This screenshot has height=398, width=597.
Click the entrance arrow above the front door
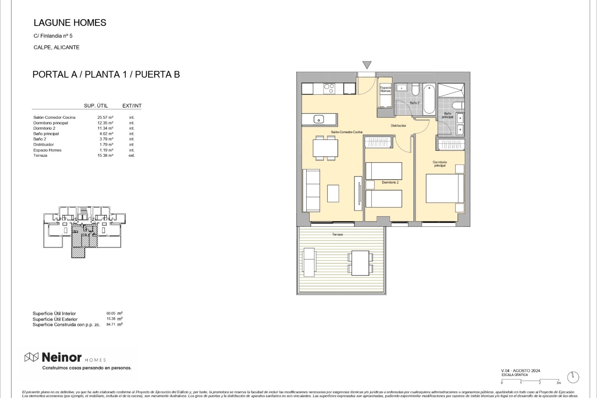pos(367,65)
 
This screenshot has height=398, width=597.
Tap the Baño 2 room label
pos(414,103)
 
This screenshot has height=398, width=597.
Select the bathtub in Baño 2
pos(429,99)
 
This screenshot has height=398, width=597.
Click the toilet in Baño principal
pos(458,106)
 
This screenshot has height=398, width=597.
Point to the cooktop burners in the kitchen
pos(329,89)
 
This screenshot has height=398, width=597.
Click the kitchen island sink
pos(318,119)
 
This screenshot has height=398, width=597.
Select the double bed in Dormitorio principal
pos(445,188)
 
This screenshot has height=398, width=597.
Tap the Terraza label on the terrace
pos(337,234)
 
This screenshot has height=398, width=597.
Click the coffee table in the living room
pos(333,193)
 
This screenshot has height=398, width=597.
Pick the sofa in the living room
pos(311,191)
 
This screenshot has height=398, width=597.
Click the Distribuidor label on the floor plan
pos(398,126)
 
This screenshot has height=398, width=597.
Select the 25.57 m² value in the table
pos(105,118)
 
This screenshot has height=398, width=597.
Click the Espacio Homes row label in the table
pos(47,150)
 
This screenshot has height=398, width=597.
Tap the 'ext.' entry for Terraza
pos(132,155)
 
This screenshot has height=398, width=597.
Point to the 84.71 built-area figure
pos(111,324)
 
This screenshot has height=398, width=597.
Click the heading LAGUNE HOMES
pos(70,23)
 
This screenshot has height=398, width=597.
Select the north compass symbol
pos(573,377)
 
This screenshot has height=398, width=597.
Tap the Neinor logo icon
pos(31,358)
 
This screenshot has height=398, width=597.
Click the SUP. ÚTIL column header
pos(96,106)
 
